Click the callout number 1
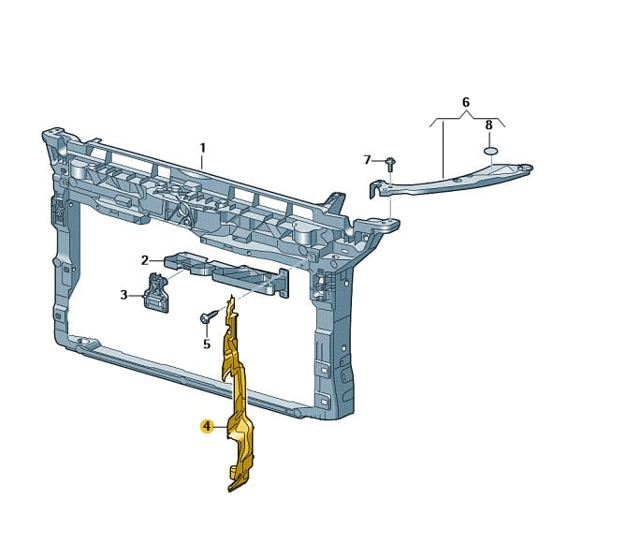tap(202, 148)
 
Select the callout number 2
tap(144, 260)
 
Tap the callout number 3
tap(124, 295)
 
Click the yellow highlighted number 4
tap(207, 427)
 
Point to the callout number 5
tap(207, 344)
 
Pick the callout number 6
tap(466, 102)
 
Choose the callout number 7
tap(367, 160)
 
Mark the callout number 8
tap(488, 125)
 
